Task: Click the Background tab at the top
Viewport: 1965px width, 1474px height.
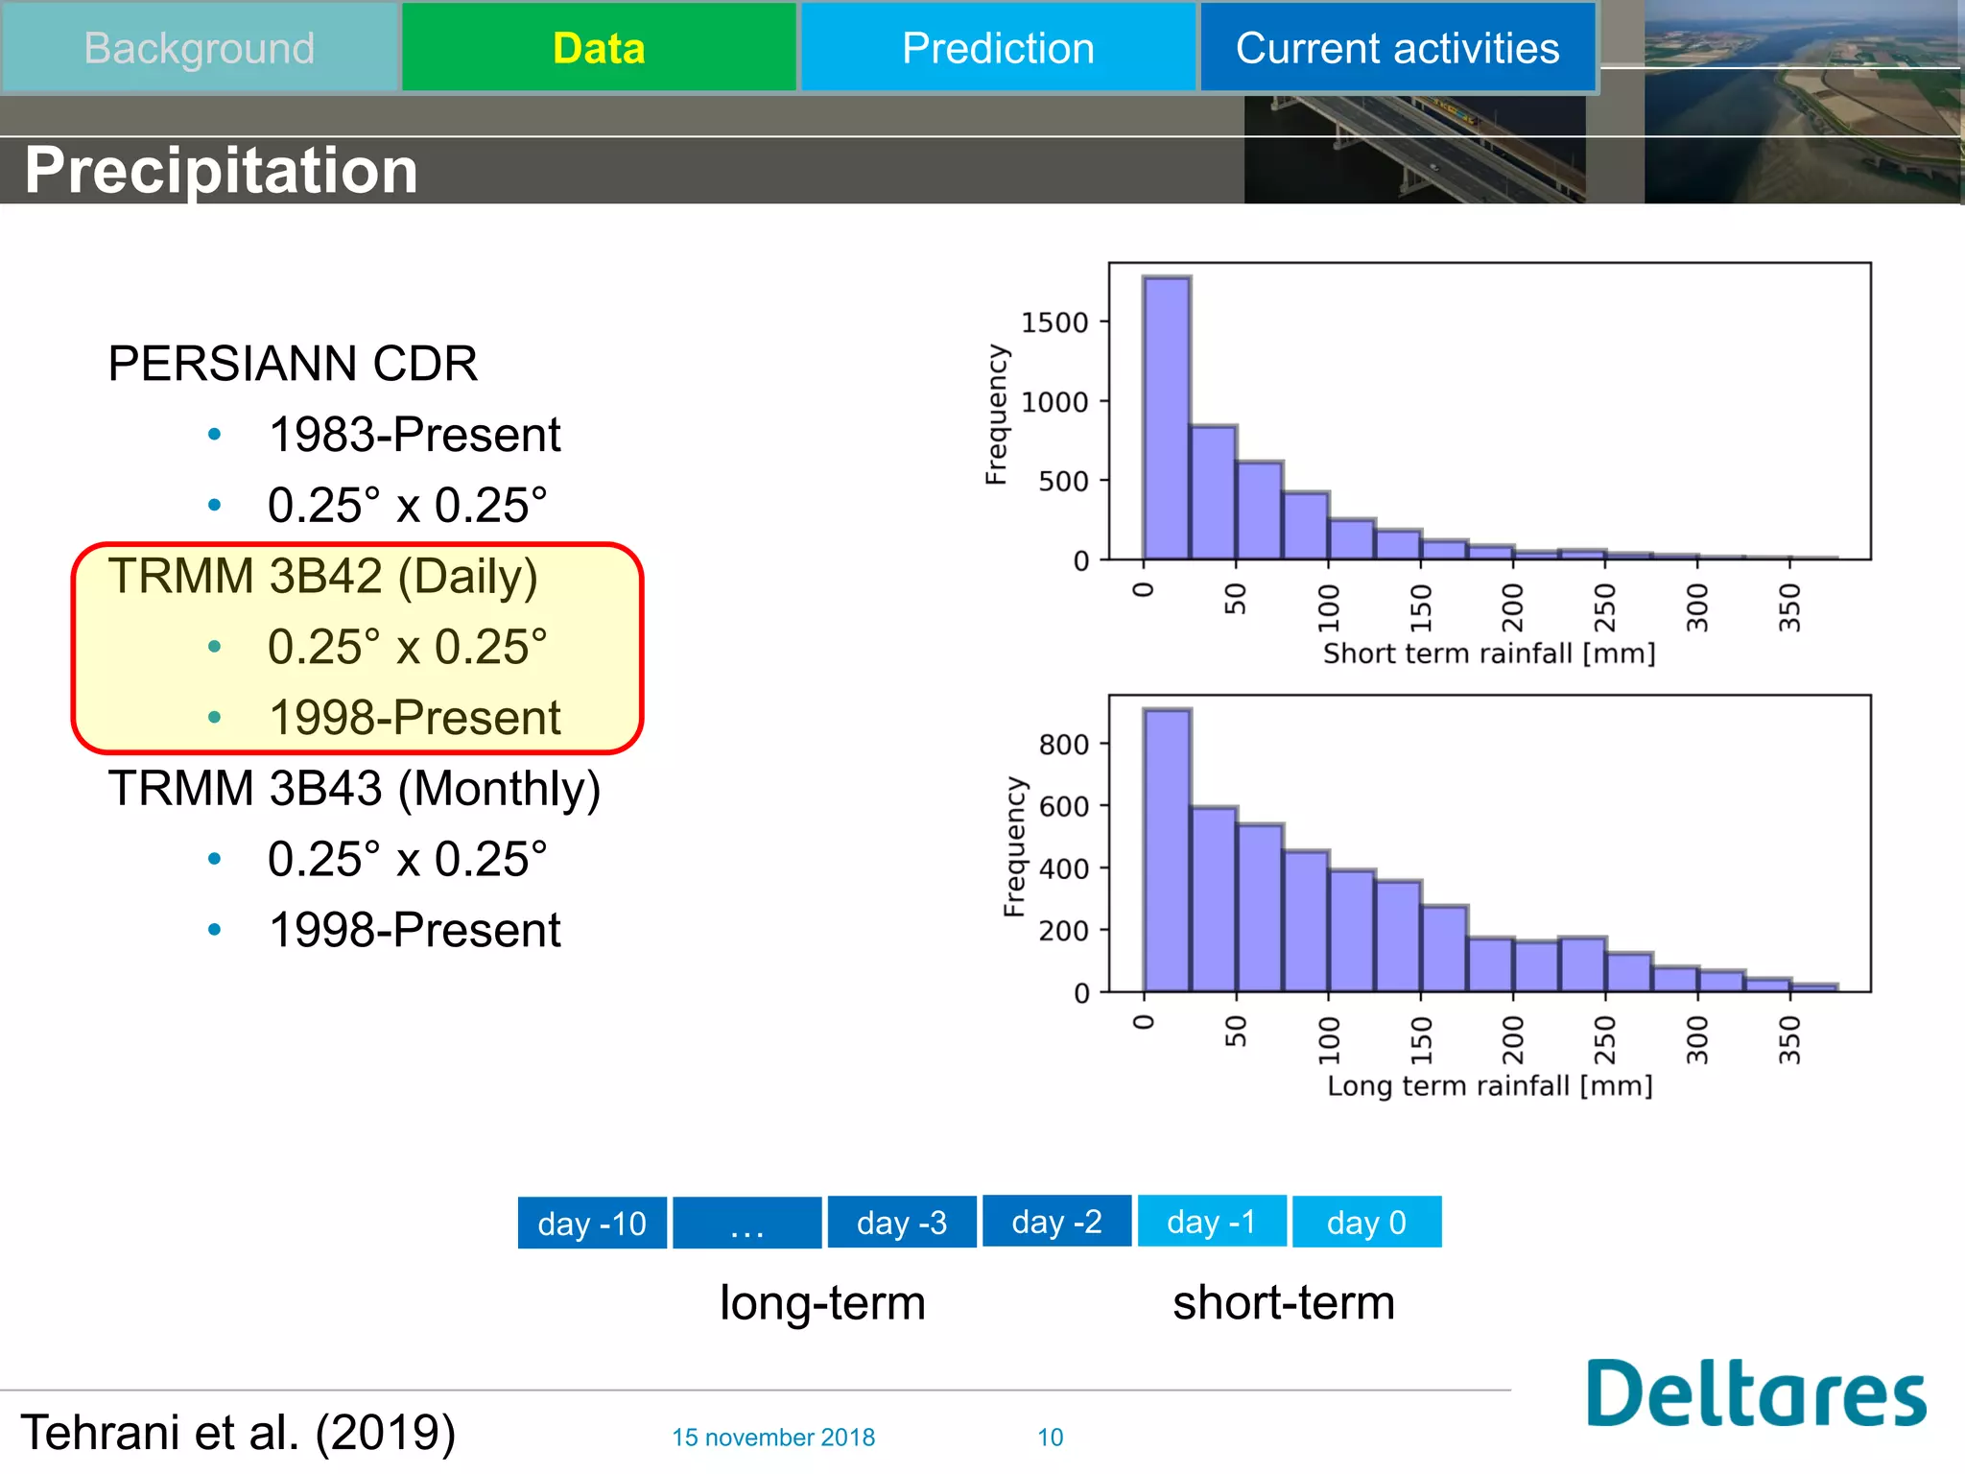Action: point(200,48)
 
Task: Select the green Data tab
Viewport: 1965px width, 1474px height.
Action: point(599,48)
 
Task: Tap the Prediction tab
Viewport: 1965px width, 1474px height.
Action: point(998,48)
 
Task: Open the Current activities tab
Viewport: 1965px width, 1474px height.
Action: point(1397,48)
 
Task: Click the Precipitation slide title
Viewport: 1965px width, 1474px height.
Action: point(221,170)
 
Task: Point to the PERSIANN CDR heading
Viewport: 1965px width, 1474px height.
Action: point(293,364)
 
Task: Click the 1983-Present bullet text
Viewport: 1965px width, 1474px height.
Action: point(414,435)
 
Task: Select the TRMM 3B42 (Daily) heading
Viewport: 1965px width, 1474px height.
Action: point(322,576)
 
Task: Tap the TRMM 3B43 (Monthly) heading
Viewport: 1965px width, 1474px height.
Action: point(354,788)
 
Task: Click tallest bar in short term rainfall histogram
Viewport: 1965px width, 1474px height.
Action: point(1167,422)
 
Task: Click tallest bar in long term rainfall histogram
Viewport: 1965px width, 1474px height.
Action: point(1167,854)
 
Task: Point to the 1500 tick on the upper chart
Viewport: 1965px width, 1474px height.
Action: point(1054,322)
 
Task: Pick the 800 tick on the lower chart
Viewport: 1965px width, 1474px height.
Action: point(1063,745)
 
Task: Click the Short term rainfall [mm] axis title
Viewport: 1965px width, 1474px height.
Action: point(1489,654)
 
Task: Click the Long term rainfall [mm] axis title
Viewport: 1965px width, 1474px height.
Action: point(1489,1086)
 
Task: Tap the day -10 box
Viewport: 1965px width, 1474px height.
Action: point(592,1224)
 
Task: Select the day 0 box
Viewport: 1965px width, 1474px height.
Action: point(1366,1223)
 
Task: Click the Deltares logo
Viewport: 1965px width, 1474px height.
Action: point(1755,1394)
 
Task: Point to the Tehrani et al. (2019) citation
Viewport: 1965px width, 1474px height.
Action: point(238,1433)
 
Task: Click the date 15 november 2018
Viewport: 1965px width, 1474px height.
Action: point(773,1438)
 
